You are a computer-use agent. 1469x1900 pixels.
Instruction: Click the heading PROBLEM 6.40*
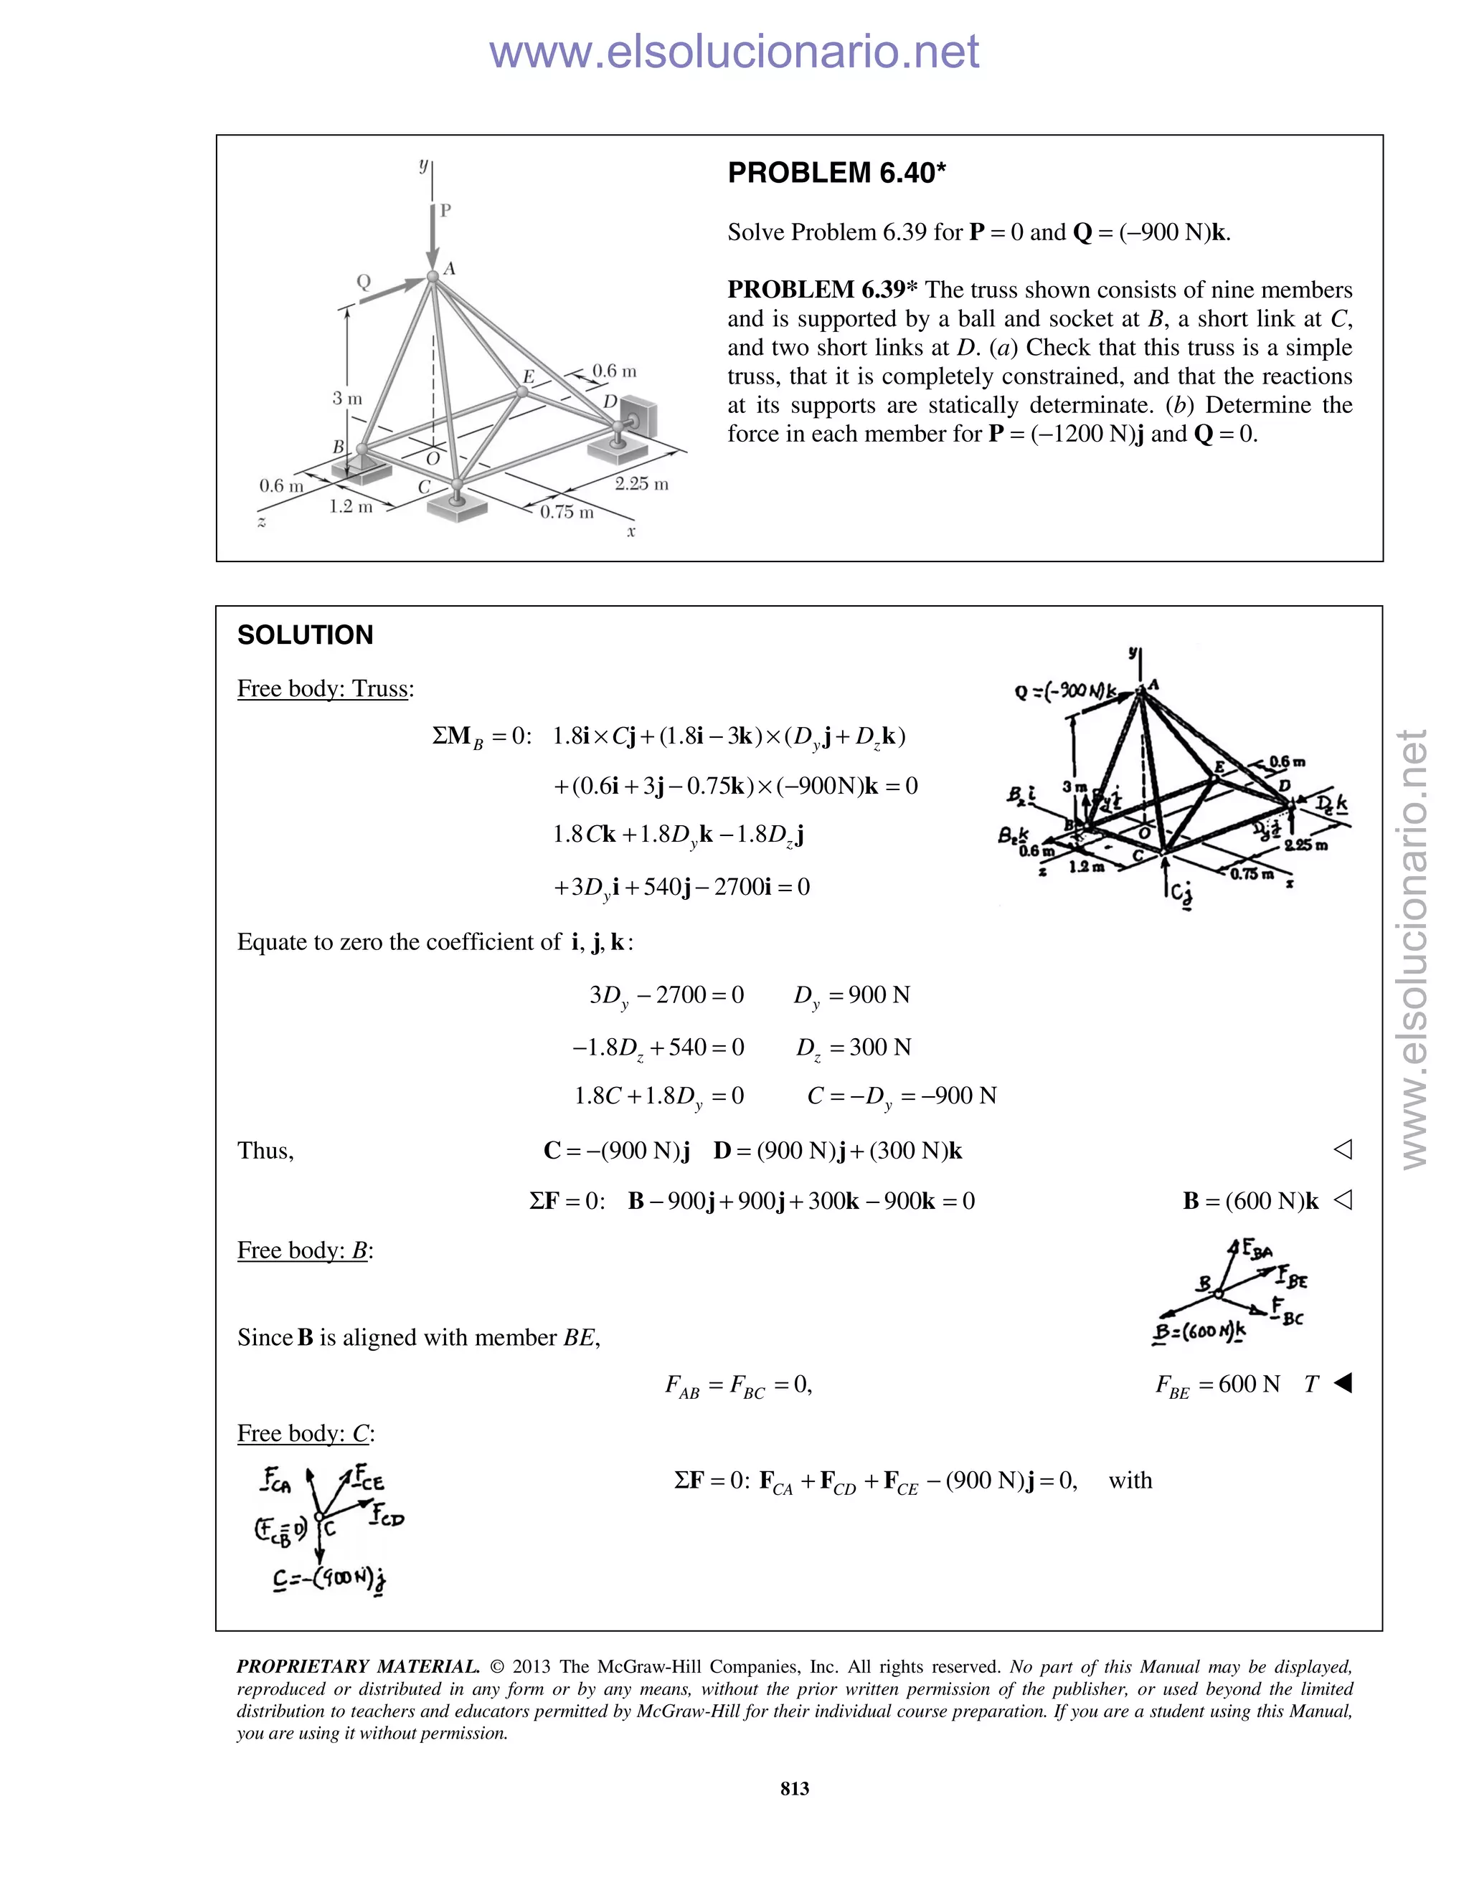pyautogui.click(x=836, y=173)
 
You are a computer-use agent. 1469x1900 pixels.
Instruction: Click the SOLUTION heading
pyautogui.click(x=305, y=635)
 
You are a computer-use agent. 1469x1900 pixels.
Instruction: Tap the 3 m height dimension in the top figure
pyautogui.click(x=346, y=399)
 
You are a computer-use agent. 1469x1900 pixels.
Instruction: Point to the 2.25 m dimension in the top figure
pyautogui.click(x=641, y=484)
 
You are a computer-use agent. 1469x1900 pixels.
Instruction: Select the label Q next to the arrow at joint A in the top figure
pyautogui.click(x=364, y=282)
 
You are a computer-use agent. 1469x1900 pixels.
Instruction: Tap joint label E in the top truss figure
pyautogui.click(x=527, y=376)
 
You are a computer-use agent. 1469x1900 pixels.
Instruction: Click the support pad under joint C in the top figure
pyautogui.click(x=458, y=509)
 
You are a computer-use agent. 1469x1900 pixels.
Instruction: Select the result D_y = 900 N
pyautogui.click(x=851, y=995)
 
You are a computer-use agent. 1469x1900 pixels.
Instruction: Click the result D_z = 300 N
pyautogui.click(x=853, y=1048)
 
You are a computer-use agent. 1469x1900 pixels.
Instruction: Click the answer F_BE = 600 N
pyautogui.click(x=1217, y=1384)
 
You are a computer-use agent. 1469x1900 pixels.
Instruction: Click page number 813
pyautogui.click(x=795, y=1787)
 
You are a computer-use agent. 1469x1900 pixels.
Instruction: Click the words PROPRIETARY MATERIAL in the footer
pyautogui.click(x=358, y=1667)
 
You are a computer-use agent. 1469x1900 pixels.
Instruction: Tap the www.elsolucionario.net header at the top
pyautogui.click(x=734, y=52)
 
